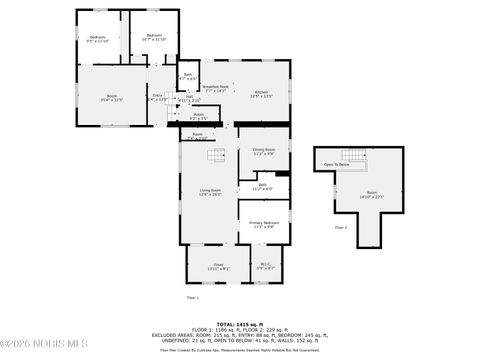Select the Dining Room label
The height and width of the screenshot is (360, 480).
pos(263,151)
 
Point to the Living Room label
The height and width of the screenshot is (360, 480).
pos(210,192)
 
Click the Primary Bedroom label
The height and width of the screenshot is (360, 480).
pos(263,224)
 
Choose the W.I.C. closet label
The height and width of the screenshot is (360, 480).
pos(265,266)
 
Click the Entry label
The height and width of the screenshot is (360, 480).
pos(158,98)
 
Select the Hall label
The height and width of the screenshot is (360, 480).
pos(189,98)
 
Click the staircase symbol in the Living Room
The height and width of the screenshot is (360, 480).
pos(217,154)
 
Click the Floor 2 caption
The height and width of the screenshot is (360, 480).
pos(340,228)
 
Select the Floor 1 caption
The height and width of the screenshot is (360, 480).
pos(193,298)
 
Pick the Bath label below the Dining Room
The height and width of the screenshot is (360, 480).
pos(262,186)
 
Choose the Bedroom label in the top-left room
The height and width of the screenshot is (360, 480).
pos(98,38)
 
